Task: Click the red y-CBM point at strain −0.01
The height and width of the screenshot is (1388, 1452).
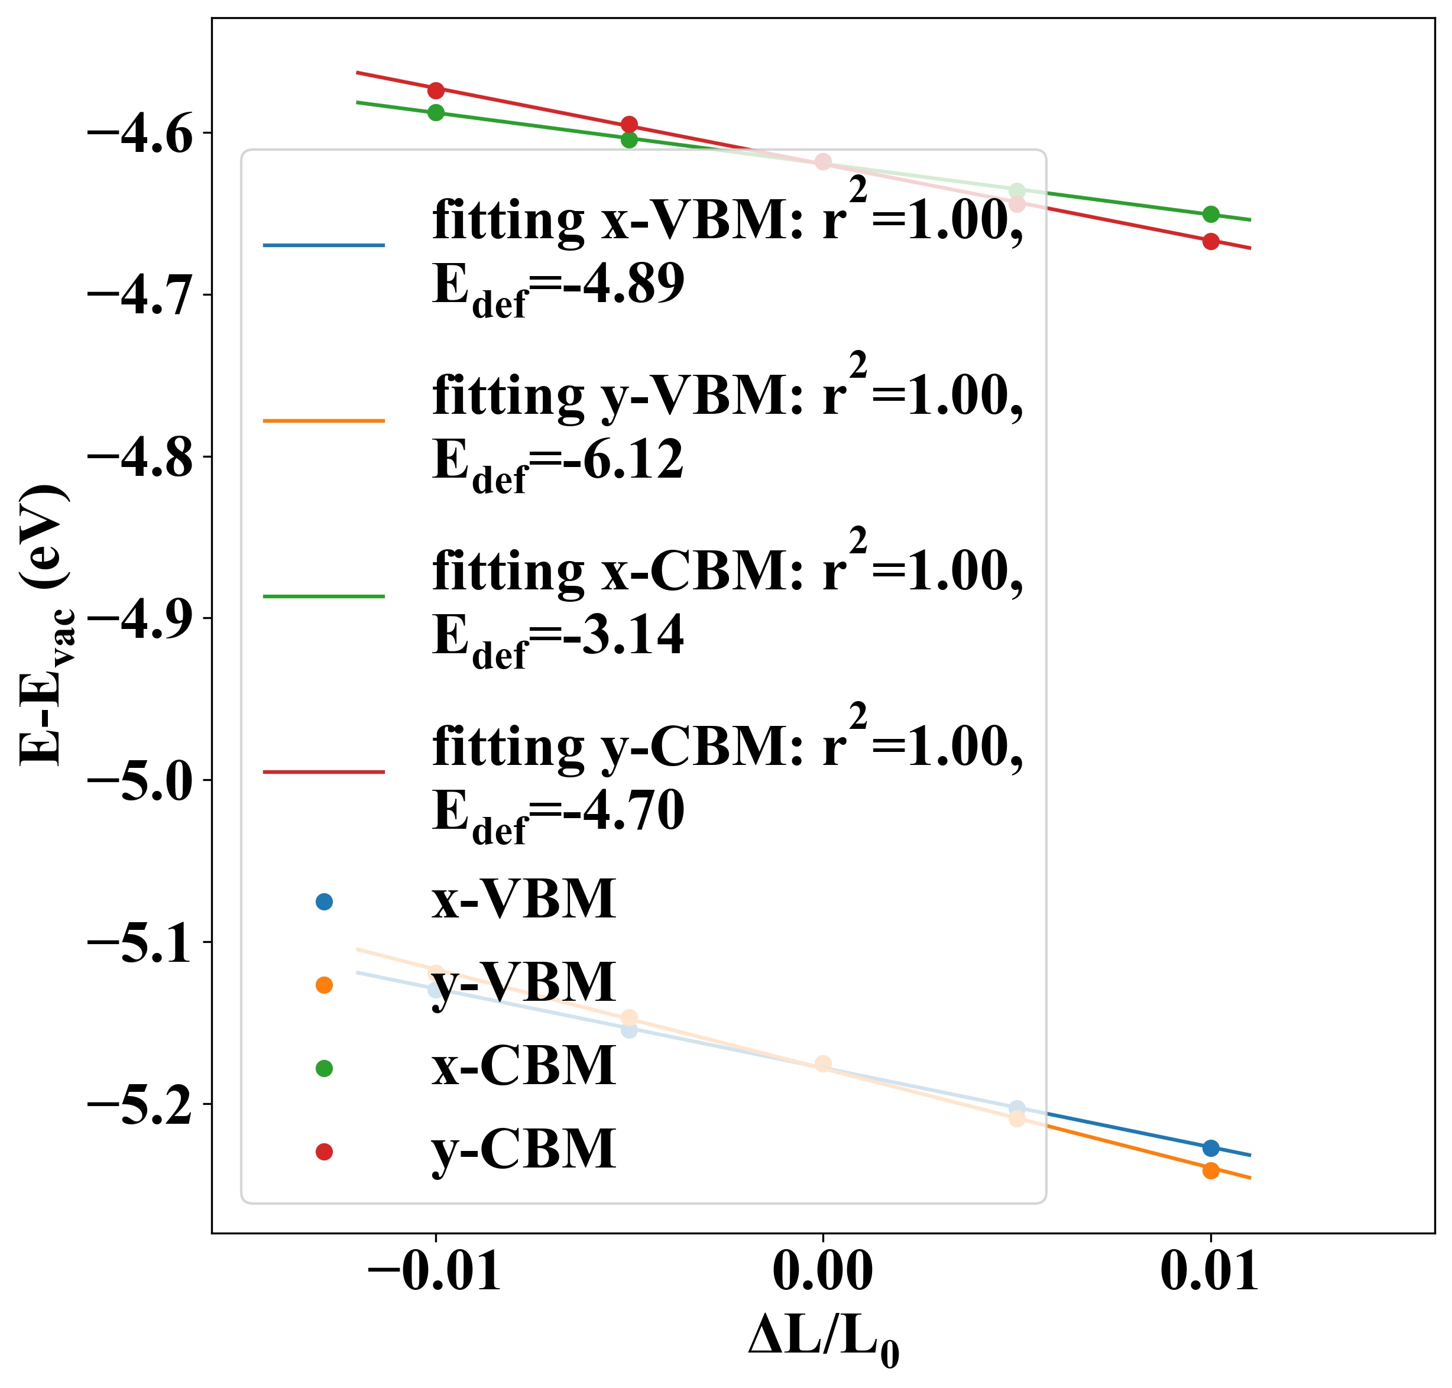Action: click(436, 90)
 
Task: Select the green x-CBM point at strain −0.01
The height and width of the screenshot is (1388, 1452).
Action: click(436, 112)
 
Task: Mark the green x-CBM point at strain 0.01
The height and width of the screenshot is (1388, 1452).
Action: click(1211, 215)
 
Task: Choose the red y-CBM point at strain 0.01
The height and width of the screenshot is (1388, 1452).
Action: click(1211, 241)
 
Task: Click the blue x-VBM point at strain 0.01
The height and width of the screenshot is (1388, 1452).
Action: click(1211, 1148)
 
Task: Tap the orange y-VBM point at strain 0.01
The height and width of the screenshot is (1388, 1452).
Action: click(1211, 1170)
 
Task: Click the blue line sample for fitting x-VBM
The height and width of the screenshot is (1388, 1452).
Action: click(323, 245)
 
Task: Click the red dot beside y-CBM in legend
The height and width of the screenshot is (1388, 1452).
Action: click(324, 1151)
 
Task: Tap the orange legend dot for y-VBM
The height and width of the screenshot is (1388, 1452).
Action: click(324, 985)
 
